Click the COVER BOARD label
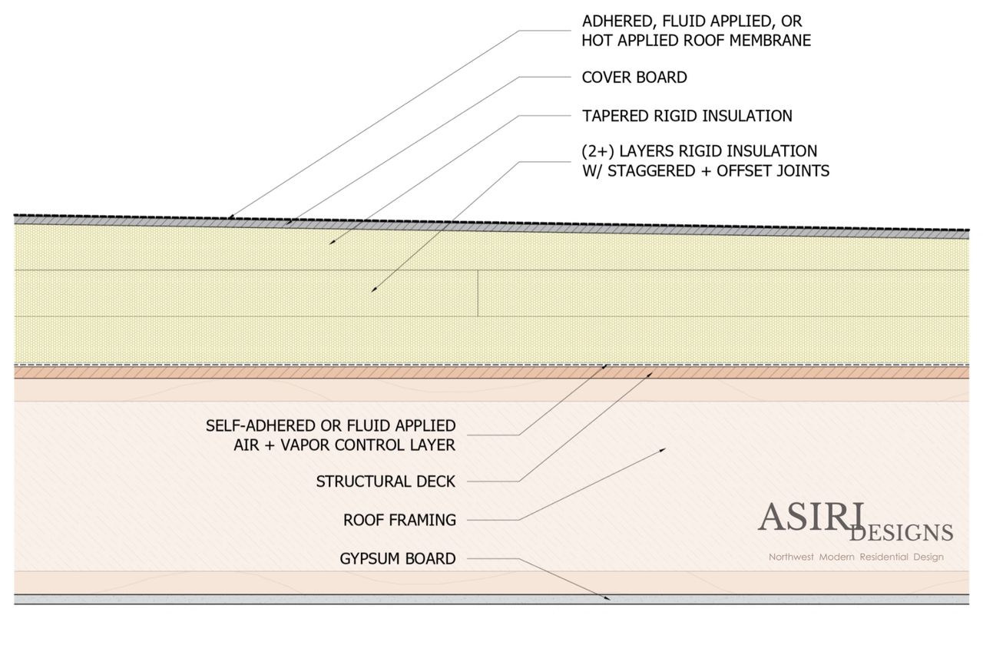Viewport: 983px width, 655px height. (x=634, y=78)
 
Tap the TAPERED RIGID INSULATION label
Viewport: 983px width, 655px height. (x=687, y=116)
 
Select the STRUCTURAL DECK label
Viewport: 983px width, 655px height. (x=386, y=481)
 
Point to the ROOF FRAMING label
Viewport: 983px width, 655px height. (x=399, y=520)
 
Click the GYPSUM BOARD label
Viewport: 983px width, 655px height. (x=398, y=558)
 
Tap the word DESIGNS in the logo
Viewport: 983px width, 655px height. (x=901, y=532)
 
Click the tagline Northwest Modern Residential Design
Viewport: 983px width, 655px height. (x=856, y=557)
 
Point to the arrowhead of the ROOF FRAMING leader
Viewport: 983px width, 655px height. (x=663, y=449)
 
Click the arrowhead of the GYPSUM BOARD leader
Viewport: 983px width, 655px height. (x=608, y=597)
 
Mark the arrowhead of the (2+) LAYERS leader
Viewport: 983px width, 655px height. (x=373, y=289)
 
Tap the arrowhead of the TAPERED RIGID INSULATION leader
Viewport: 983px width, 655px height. (x=331, y=243)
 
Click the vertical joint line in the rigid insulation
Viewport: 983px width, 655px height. (x=478, y=293)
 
